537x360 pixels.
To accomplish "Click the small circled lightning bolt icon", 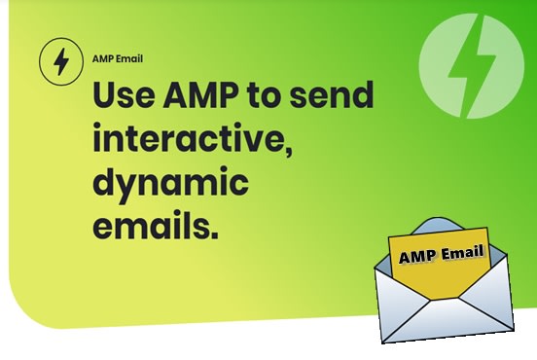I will tap(60, 62).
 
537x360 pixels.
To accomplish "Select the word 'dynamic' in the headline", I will tap(170, 185).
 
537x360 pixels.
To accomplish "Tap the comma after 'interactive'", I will tap(289, 154).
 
